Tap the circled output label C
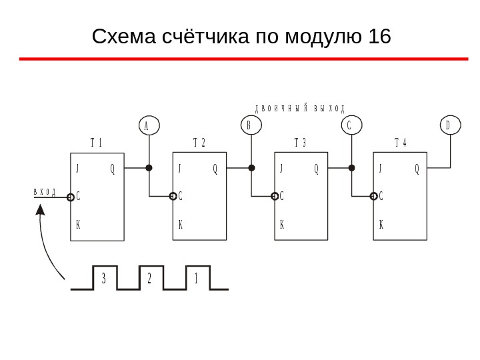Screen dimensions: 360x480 click(x=351, y=125)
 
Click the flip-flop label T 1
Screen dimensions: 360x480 click(x=96, y=143)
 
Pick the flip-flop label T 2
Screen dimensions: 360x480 click(x=199, y=143)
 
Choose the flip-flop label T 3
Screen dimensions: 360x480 click(x=300, y=143)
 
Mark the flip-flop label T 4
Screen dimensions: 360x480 click(x=401, y=143)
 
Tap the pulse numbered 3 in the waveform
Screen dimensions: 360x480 click(x=104, y=279)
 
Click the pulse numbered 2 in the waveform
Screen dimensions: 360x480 click(x=150, y=279)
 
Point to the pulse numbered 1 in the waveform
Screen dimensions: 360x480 click(x=197, y=279)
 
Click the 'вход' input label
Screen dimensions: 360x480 click(x=45, y=193)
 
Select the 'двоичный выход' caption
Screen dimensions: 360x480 click(x=301, y=109)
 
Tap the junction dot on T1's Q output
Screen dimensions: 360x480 click(x=149, y=168)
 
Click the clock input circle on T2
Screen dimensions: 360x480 click(x=173, y=197)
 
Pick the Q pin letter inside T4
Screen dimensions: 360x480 click(x=417, y=169)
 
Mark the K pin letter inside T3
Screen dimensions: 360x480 click(x=282, y=225)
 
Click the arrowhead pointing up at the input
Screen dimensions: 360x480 click(x=41, y=211)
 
